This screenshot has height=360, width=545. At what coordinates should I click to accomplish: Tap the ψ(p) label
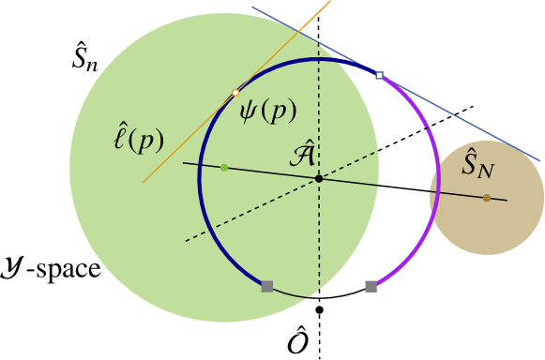point(267,111)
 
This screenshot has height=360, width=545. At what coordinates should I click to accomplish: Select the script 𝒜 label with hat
point(302,154)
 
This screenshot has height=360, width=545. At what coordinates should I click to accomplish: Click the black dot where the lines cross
point(319,178)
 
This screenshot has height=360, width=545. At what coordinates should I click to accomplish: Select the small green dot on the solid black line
point(224,168)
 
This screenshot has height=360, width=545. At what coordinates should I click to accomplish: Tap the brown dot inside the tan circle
point(486,198)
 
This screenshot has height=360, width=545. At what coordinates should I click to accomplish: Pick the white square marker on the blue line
point(379,74)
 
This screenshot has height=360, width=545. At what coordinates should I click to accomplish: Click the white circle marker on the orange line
point(235,93)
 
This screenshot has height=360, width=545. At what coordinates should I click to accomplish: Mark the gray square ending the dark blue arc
point(267,286)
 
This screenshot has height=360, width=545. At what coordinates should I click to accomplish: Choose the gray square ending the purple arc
point(371,286)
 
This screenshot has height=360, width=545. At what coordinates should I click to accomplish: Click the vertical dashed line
point(319,244)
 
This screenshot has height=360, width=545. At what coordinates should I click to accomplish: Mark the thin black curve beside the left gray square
point(291,294)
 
